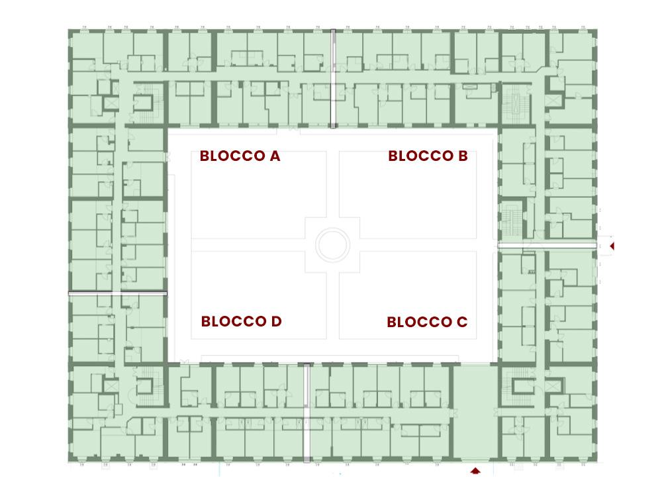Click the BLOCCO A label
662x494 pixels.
(240, 156)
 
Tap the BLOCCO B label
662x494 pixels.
(428, 156)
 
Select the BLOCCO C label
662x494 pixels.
(427, 322)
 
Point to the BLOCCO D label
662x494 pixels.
(241, 321)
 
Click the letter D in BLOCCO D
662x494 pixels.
(276, 321)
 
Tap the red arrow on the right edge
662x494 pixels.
(612, 246)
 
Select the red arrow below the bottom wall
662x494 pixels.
(476, 470)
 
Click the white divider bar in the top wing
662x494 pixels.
(333, 79)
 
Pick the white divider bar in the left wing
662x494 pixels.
(118, 293)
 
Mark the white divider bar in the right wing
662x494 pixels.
(547, 245)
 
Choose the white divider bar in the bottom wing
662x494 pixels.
(307, 413)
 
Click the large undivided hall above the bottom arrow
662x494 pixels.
(475, 412)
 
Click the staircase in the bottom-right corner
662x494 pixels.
(518, 386)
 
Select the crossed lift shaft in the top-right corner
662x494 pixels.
(553, 102)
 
